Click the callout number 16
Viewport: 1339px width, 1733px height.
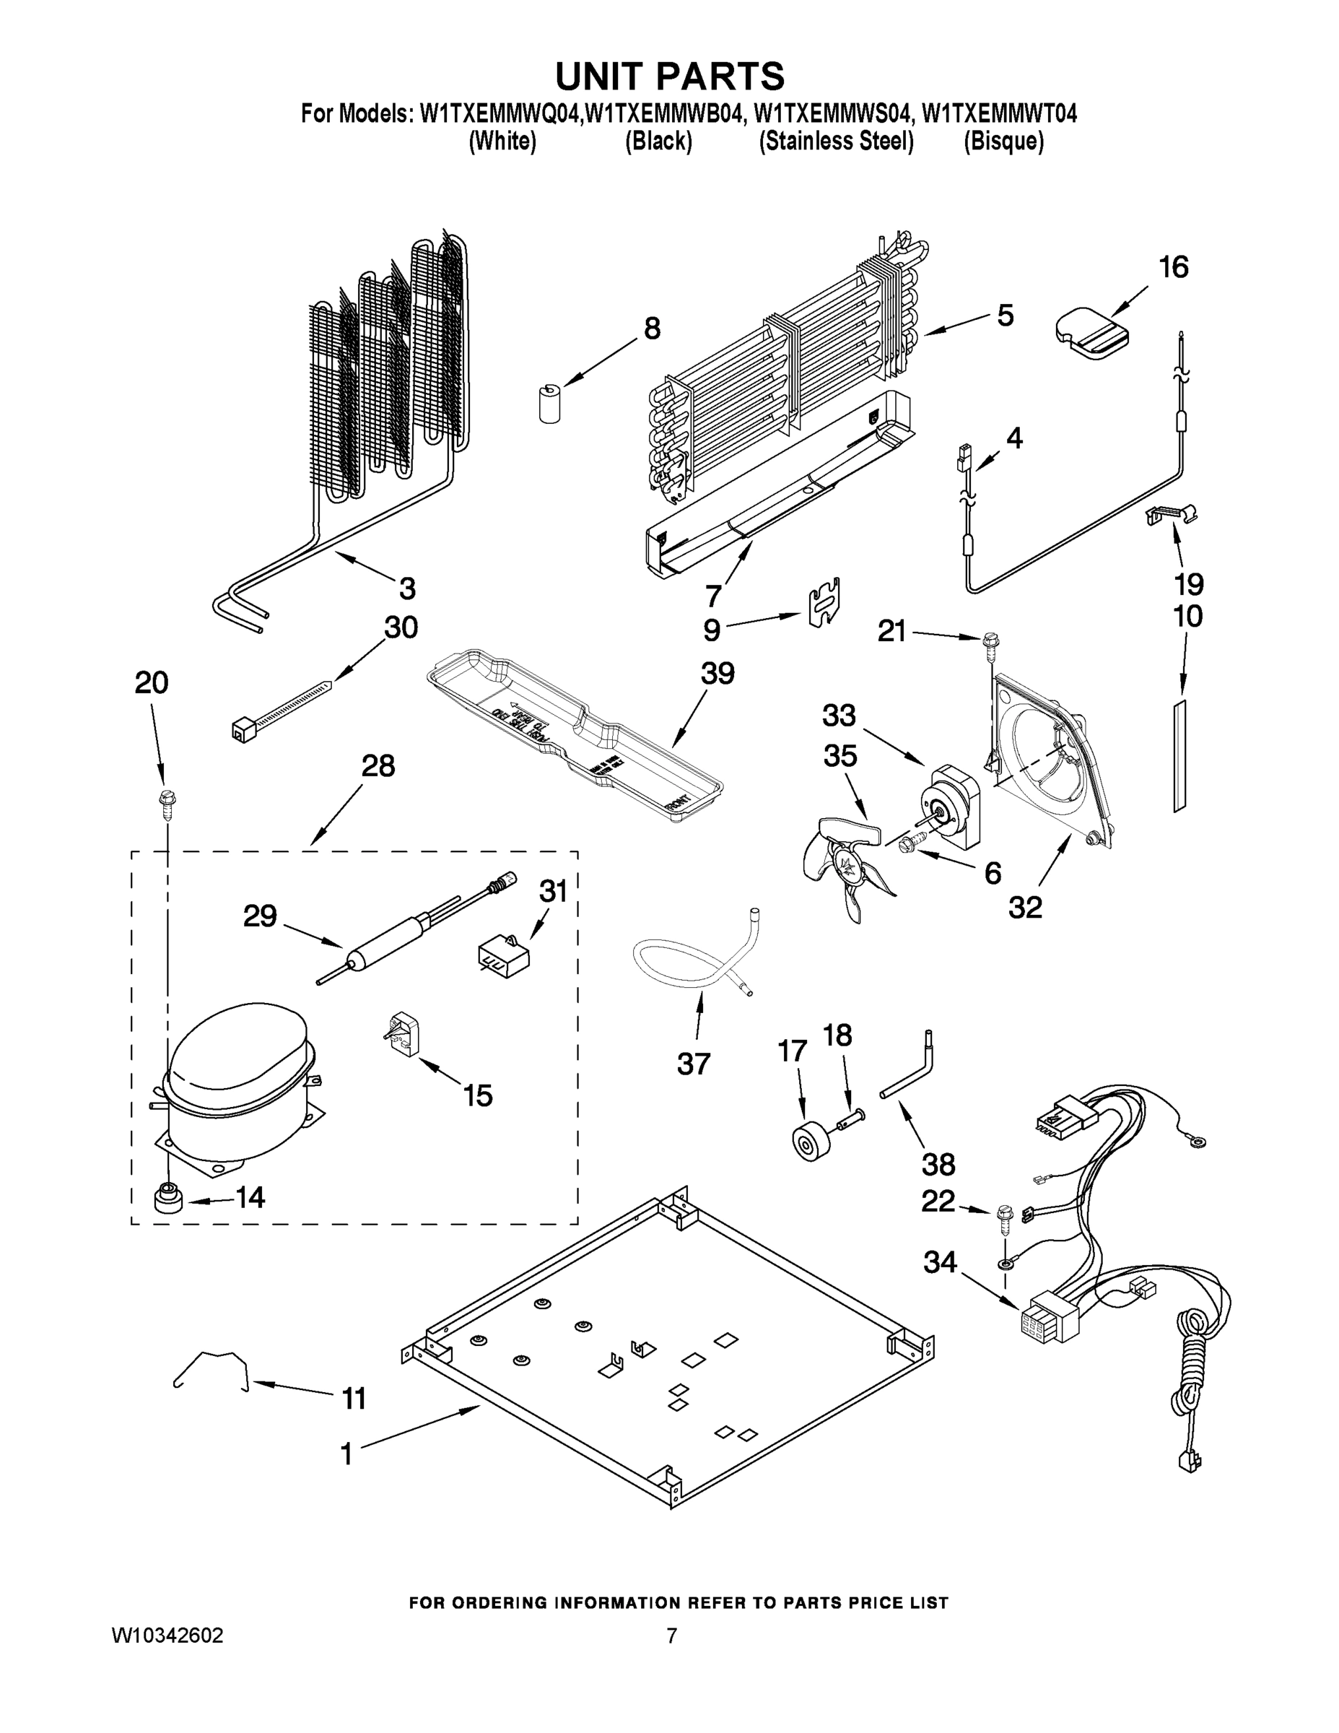(x=1174, y=267)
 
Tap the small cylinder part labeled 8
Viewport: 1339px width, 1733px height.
(x=546, y=402)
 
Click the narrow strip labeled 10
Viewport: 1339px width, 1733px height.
(x=1179, y=755)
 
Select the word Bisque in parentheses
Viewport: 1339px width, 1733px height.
(x=1003, y=142)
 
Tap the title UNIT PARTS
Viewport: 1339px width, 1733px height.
(x=670, y=76)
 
